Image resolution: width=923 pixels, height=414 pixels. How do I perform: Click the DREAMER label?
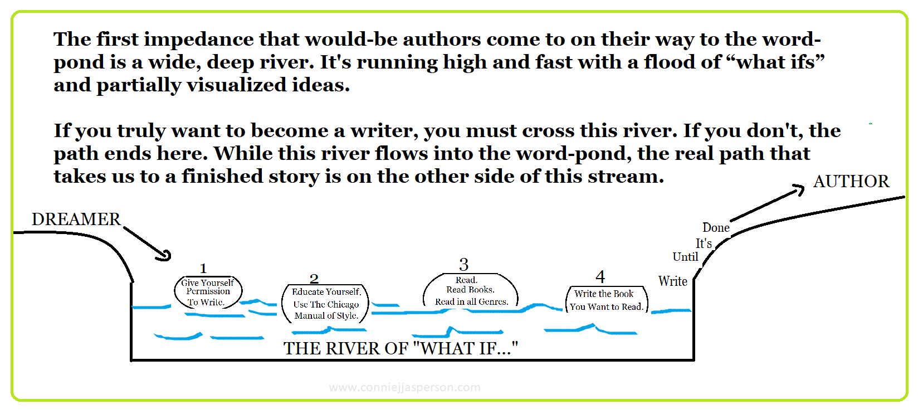[76, 220]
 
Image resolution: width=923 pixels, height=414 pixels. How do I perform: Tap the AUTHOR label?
[851, 182]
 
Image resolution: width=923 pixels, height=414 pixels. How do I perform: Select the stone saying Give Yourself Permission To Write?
[208, 293]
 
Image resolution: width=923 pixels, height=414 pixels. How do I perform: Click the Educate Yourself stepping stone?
[326, 304]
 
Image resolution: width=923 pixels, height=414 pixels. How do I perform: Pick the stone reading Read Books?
[471, 291]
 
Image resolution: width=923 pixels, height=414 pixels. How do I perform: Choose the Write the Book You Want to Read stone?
[606, 300]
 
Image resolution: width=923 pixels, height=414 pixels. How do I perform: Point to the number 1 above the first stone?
[203, 269]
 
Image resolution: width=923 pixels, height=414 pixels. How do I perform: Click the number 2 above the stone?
[314, 279]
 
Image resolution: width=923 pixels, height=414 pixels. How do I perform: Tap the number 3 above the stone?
[463, 265]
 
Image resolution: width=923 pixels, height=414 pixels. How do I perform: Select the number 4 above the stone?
[600, 277]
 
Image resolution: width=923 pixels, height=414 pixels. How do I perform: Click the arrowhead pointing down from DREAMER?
[165, 256]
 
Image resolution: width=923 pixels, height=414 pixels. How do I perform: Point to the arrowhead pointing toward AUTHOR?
[799, 190]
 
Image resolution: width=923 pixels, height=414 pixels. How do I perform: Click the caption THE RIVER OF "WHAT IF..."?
[401, 349]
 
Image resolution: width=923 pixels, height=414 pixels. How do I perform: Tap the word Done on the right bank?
[716, 228]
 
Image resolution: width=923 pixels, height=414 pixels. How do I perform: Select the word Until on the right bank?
[685, 257]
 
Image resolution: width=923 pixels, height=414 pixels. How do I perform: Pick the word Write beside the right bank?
[673, 281]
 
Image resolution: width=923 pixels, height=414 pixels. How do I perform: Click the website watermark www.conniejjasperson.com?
[404, 387]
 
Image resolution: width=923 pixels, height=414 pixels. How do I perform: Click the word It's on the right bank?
[704, 243]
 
